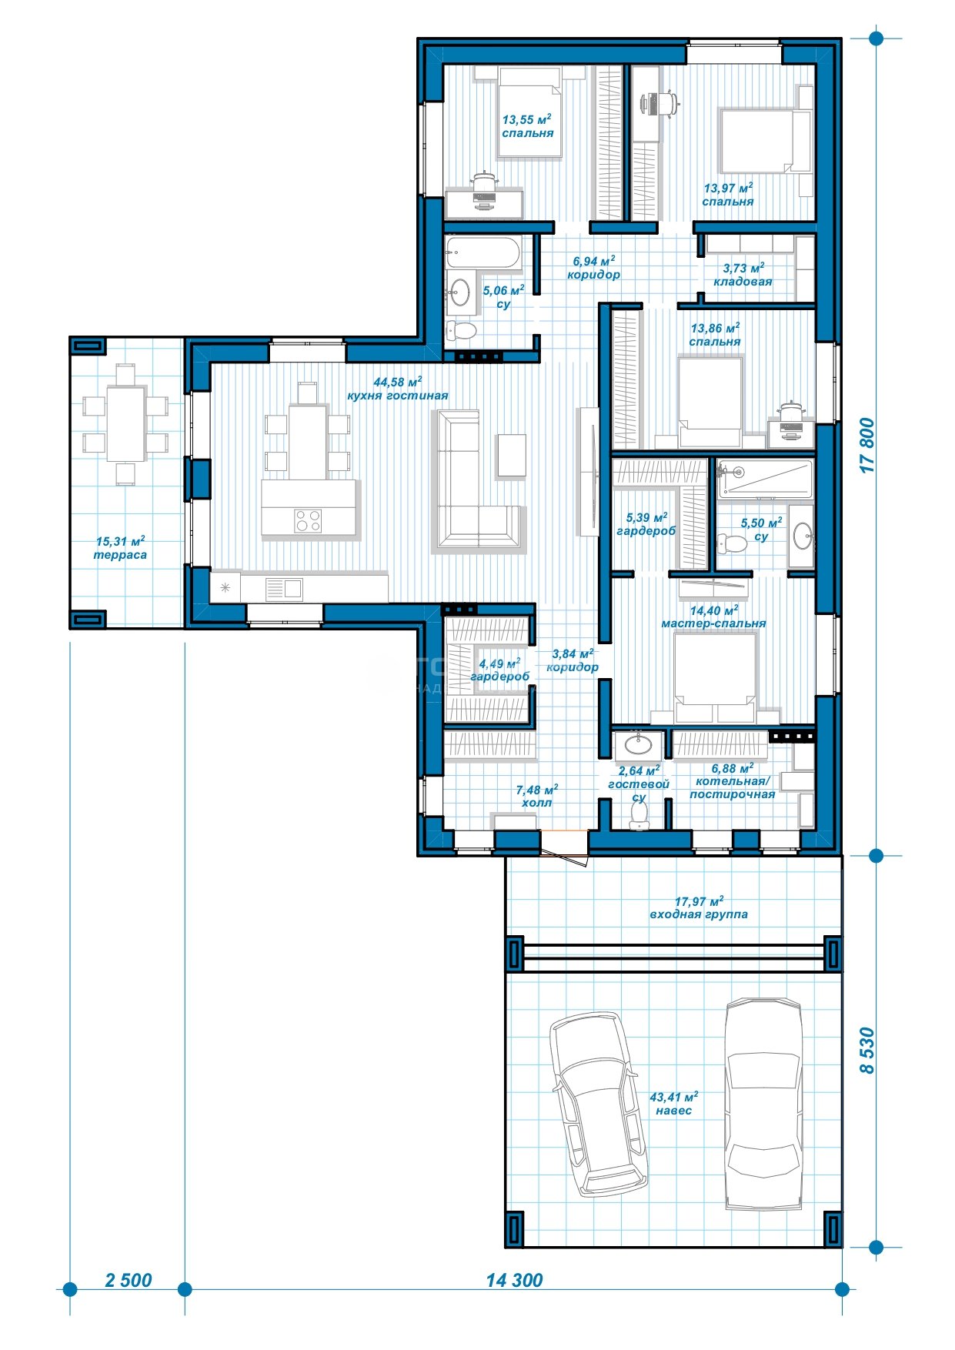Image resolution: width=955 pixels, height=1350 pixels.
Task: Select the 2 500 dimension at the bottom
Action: tap(129, 1280)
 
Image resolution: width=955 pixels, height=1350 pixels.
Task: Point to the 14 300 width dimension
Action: tap(514, 1280)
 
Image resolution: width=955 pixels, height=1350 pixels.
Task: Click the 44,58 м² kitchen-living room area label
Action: tap(397, 389)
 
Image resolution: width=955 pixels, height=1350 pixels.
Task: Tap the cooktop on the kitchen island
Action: tap(308, 521)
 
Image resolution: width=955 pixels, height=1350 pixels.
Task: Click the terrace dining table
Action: tap(125, 423)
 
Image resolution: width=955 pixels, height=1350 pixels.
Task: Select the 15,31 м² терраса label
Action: tap(120, 548)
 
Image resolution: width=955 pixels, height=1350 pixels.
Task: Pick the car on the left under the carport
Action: tap(597, 1103)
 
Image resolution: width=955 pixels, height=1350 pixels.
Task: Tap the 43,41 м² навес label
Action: tap(673, 1104)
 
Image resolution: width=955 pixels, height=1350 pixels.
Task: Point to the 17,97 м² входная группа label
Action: tap(699, 908)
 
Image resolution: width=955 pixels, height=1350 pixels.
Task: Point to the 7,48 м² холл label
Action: tap(536, 796)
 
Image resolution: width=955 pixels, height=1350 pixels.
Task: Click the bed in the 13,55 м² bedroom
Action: tap(529, 112)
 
